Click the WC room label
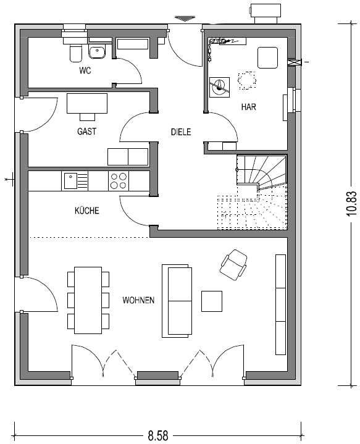(85, 70)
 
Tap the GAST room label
(86, 132)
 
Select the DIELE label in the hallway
(181, 132)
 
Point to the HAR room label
(248, 107)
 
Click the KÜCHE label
(87, 211)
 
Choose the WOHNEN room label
(138, 300)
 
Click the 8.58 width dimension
(158, 435)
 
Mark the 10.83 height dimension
(351, 204)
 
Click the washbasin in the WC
(97, 52)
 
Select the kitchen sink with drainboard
(75, 181)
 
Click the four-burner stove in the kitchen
(119, 181)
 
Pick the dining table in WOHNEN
(88, 301)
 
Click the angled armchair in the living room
(233, 265)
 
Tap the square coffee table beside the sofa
(212, 301)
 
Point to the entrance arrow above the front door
(185, 19)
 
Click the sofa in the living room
(177, 301)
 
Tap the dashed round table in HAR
(247, 81)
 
